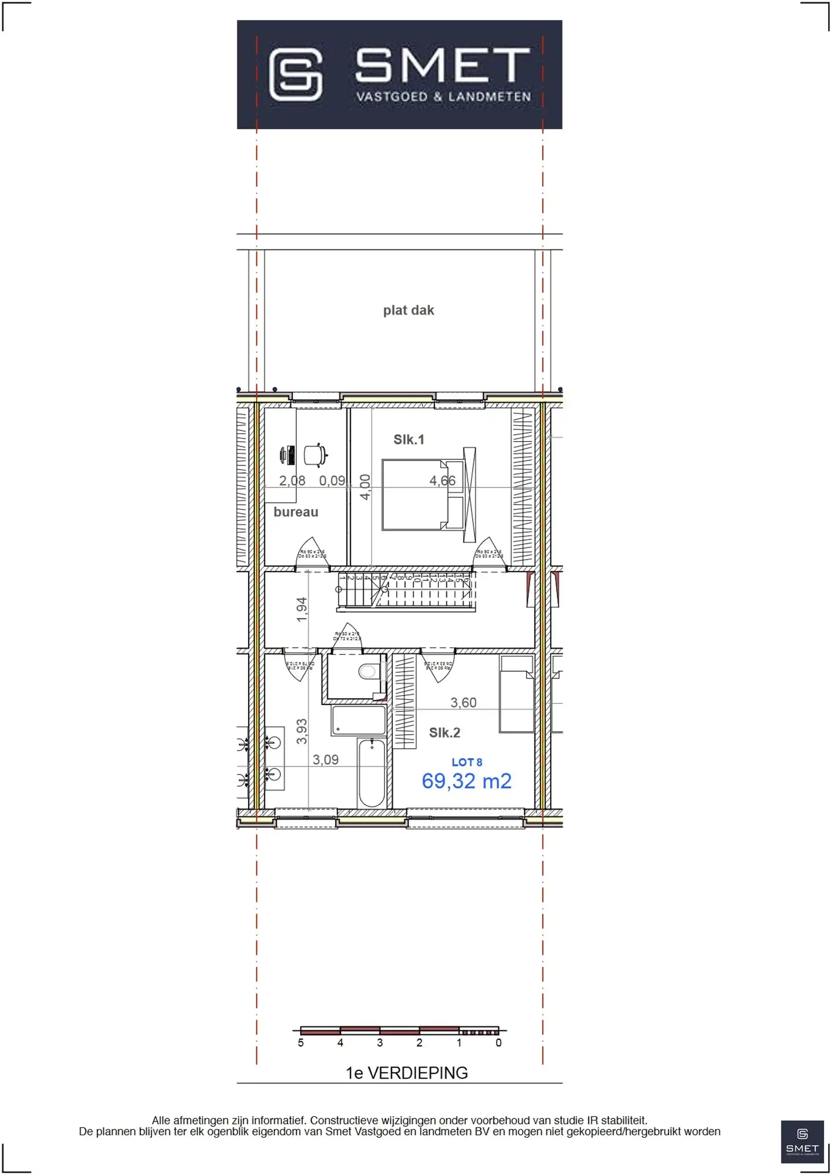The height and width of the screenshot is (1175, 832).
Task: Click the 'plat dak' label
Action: (408, 310)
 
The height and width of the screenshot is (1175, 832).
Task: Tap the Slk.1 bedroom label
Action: (408, 439)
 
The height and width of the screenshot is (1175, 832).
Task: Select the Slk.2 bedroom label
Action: (444, 733)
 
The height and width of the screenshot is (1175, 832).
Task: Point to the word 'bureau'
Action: (296, 512)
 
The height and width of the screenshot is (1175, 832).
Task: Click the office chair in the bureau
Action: (315, 455)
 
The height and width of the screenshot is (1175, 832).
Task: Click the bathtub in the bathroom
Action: (372, 773)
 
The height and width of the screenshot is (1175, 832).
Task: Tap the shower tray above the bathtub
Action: (359, 721)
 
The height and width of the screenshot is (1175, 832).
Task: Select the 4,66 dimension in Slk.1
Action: (442, 480)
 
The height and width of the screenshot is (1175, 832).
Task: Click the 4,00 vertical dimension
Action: (365, 487)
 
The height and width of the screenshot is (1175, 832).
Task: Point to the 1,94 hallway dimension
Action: (302, 609)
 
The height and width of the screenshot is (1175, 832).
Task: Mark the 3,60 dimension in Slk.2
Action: (463, 703)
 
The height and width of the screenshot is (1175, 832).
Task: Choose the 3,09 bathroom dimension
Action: (325, 760)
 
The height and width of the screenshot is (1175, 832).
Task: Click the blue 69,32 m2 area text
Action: (466, 781)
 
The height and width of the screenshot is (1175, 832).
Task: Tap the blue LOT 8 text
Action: (467, 763)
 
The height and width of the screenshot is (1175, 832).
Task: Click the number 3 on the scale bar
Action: (379, 1043)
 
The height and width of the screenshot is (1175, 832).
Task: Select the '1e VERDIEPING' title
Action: (407, 1073)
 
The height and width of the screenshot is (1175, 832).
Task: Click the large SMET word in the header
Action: (443, 65)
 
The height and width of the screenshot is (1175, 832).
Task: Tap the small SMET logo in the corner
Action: (802, 1142)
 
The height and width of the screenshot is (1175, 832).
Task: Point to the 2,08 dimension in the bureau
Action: (292, 481)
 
